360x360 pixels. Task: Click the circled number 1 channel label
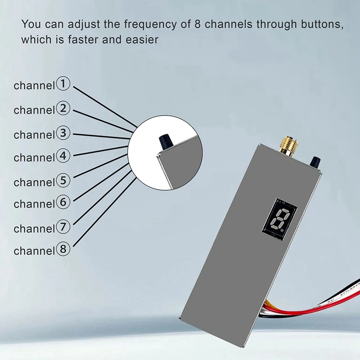[x=63, y=84]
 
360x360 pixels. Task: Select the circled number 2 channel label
[x=63, y=109]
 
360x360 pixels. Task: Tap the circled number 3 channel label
[x=63, y=134]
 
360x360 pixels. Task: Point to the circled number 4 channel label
[x=63, y=157]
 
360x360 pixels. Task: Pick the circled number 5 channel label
[x=63, y=181]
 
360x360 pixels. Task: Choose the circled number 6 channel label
[x=63, y=203]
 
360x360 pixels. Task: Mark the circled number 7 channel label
[x=63, y=228]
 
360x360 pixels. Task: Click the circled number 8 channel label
[x=63, y=249]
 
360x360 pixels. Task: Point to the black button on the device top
[x=316, y=161]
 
